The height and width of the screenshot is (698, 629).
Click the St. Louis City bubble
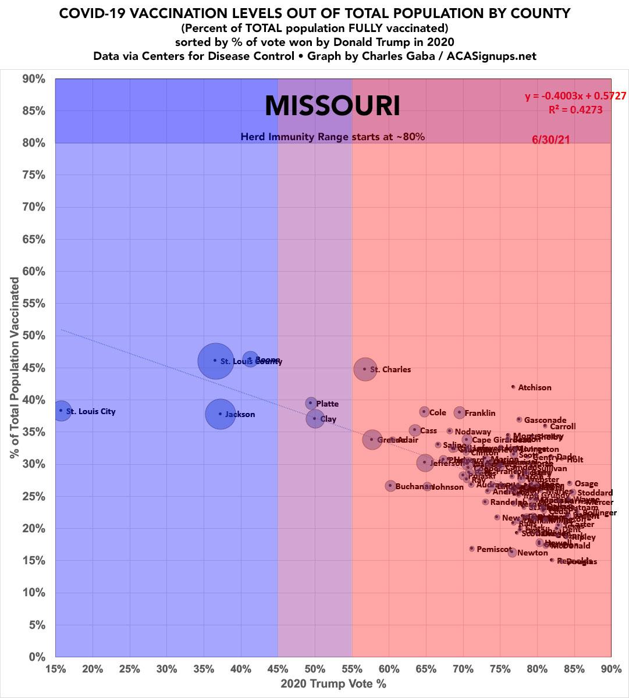[x=61, y=411]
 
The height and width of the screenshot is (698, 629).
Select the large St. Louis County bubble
[x=215, y=361]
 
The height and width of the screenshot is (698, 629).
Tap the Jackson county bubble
[x=220, y=414]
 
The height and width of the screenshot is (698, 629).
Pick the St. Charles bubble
[x=365, y=369]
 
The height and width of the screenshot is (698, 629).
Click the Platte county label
[x=327, y=404]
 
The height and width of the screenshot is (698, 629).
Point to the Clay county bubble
[x=315, y=419]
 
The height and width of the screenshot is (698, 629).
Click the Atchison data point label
[x=535, y=387]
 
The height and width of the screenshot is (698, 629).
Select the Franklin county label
[x=480, y=413]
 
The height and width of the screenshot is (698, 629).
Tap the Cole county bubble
[x=424, y=412]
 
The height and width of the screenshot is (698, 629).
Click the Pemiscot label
[x=494, y=549]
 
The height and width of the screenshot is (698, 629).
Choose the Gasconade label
[x=545, y=420]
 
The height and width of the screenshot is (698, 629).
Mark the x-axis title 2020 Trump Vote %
[x=333, y=683]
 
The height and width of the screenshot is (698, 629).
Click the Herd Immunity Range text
[x=333, y=137]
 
